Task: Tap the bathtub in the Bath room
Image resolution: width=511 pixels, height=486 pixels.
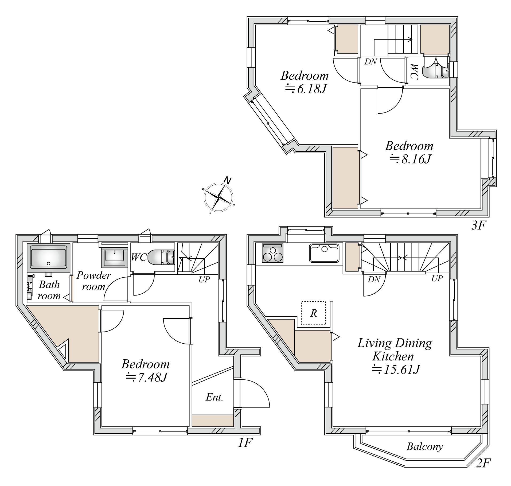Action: click(x=48, y=257)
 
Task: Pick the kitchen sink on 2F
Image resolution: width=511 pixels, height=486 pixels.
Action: click(x=324, y=253)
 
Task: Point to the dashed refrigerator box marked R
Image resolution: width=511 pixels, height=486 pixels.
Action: click(x=313, y=313)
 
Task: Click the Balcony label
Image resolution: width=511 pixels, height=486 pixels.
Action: click(x=425, y=446)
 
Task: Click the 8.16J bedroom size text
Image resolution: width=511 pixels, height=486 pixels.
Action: click(x=410, y=159)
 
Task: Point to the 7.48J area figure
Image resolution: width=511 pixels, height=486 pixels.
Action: click(x=146, y=377)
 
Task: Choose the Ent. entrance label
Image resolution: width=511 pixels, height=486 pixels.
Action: click(x=214, y=397)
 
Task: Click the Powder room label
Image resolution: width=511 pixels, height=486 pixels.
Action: click(x=93, y=281)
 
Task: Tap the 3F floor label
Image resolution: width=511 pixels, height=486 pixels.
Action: click(x=478, y=226)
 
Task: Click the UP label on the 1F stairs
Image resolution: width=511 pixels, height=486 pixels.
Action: click(x=204, y=279)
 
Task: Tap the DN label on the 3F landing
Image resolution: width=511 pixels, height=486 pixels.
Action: click(x=371, y=62)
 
